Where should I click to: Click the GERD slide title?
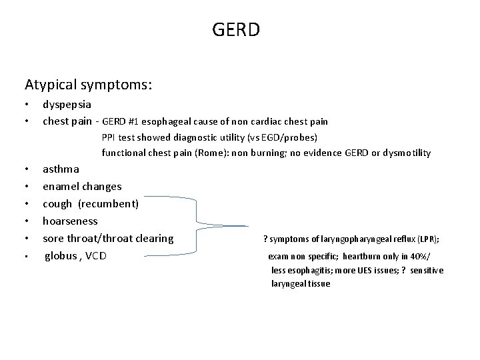(236, 30)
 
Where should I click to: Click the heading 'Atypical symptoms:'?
(89, 85)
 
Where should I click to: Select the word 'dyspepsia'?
(67, 105)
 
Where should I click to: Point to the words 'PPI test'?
(119, 137)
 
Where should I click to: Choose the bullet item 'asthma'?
(61, 169)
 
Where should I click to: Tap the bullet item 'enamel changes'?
(82, 187)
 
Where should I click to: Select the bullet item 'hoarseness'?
(70, 221)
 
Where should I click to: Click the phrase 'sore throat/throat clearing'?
(108, 239)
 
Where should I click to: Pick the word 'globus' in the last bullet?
(61, 256)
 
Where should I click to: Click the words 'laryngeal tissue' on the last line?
(300, 284)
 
